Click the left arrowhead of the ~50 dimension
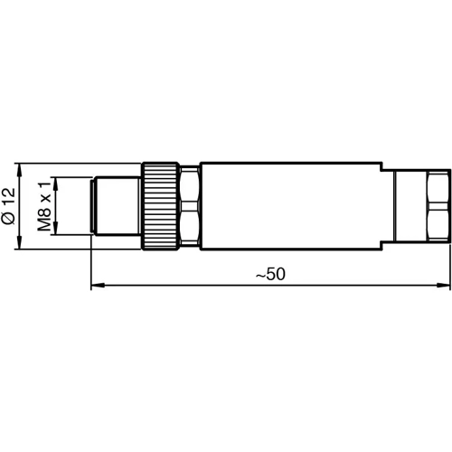click(97, 287)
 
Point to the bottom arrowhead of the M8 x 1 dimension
click(56, 232)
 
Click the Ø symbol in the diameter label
click(9, 220)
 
